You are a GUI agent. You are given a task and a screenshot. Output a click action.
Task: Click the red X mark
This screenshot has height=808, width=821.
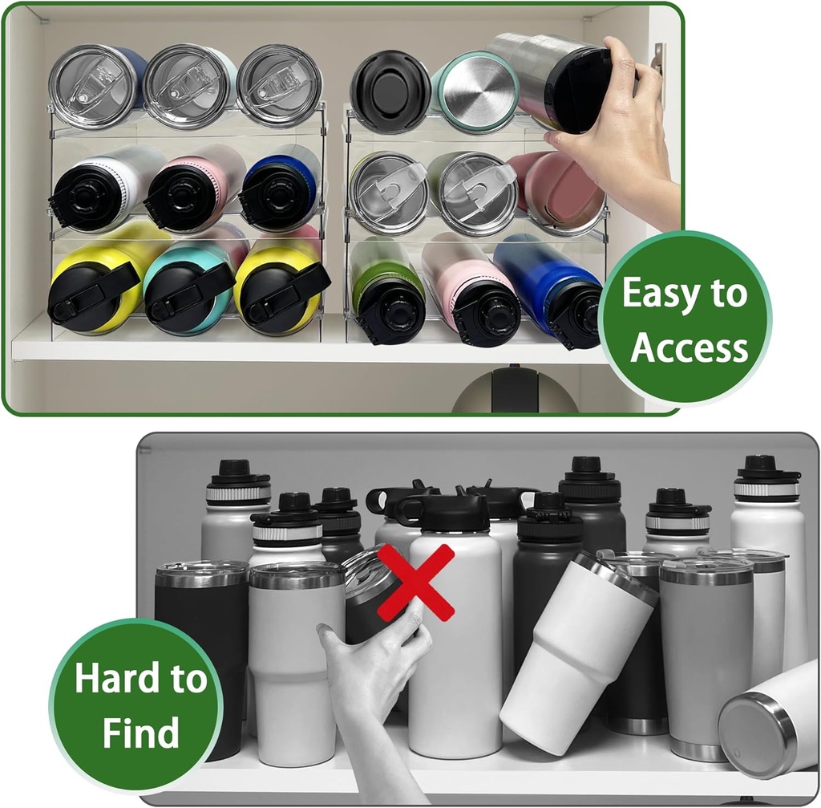(x=415, y=583)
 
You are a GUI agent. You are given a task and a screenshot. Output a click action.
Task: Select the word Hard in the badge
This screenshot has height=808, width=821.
(x=107, y=679)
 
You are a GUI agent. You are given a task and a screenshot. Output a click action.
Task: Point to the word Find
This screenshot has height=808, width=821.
(x=139, y=733)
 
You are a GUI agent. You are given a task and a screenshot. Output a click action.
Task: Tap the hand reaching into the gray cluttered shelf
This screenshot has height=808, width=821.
(x=373, y=682)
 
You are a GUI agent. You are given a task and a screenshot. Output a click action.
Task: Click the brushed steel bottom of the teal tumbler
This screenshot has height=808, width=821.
(x=479, y=91)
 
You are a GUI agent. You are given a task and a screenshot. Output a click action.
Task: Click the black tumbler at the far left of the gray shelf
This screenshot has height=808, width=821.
(x=200, y=634)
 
